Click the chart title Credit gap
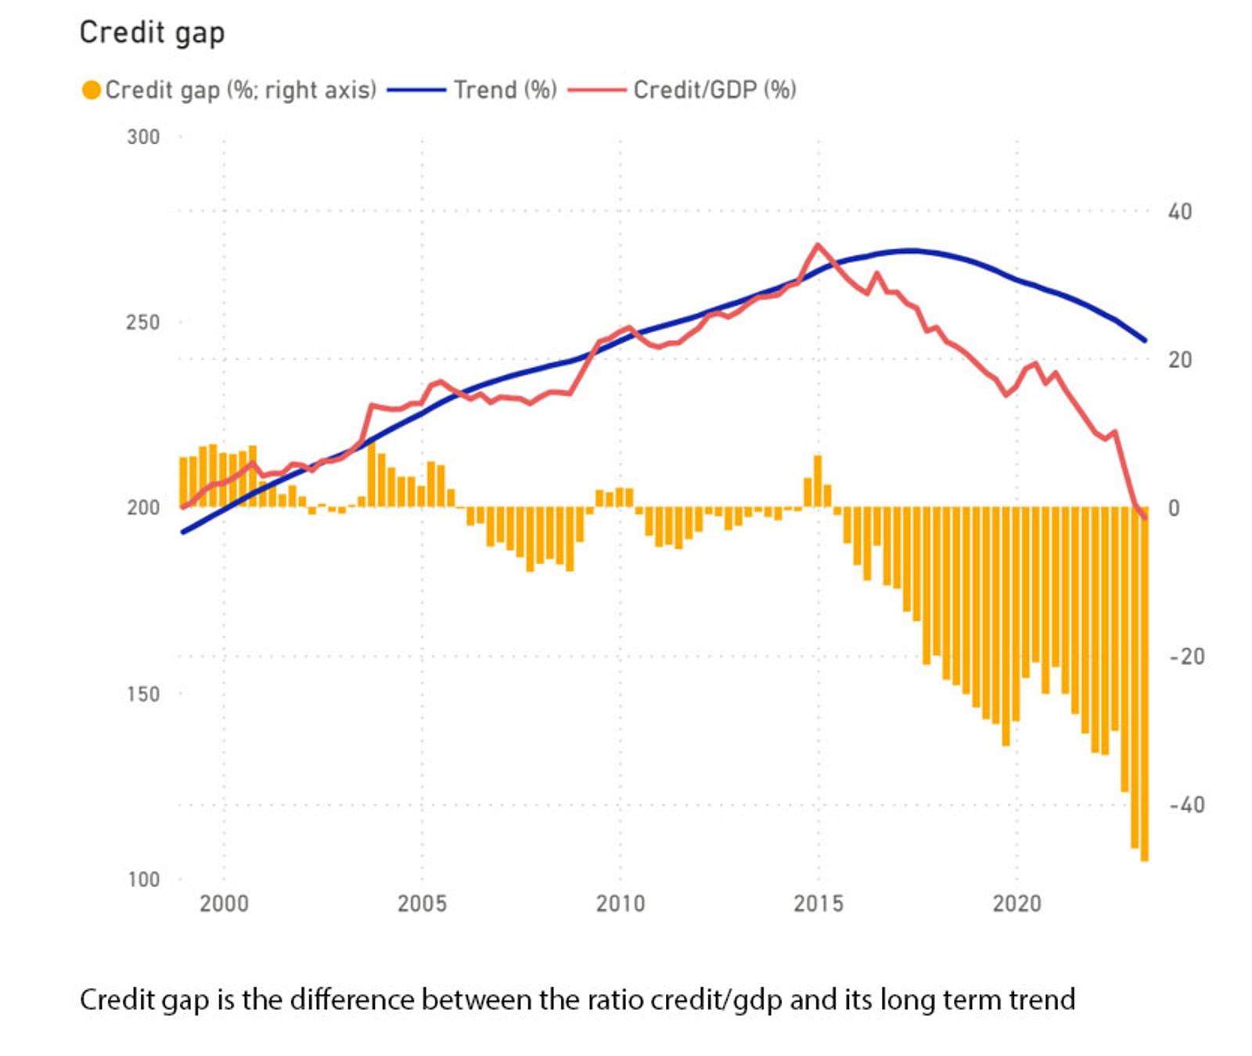click(x=152, y=33)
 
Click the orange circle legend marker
click(x=91, y=90)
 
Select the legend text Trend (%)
click(x=505, y=90)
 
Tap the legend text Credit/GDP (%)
click(x=714, y=90)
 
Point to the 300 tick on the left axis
click(x=143, y=137)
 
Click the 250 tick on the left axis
click(x=143, y=322)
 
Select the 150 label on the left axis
click(x=143, y=694)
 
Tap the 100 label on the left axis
click(x=143, y=879)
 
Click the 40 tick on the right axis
click(x=1179, y=211)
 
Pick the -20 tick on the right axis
click(x=1186, y=656)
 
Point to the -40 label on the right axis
click(x=1186, y=805)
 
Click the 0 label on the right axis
click(x=1174, y=508)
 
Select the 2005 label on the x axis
click(x=422, y=903)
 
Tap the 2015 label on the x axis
click(x=818, y=903)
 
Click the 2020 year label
click(x=1017, y=903)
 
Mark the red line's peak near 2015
click(x=818, y=245)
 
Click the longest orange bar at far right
click(x=1144, y=689)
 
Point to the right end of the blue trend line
click(x=1145, y=341)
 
